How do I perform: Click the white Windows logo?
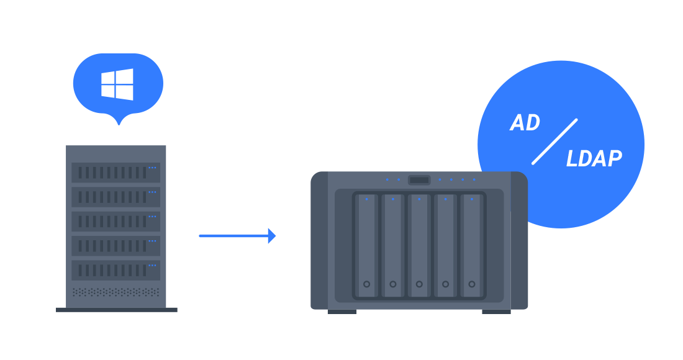[117, 84]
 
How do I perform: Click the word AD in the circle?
[525, 123]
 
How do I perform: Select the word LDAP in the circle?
[594, 160]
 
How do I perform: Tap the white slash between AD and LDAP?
[554, 142]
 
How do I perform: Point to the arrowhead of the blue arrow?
[272, 236]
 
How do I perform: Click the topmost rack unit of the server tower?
[115, 173]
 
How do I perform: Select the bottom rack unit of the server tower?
[115, 270]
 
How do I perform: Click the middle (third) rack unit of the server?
[115, 222]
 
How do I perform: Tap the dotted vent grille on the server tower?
[115, 292]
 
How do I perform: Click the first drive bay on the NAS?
[367, 245]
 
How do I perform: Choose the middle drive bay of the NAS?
[419, 245]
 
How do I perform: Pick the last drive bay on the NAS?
[472, 245]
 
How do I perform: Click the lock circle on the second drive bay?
[393, 284]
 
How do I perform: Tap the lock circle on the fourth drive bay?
[446, 284]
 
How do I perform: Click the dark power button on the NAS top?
[419, 180]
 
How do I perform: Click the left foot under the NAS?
[342, 312]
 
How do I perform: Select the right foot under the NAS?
[496, 312]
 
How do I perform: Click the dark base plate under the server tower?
[117, 310]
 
